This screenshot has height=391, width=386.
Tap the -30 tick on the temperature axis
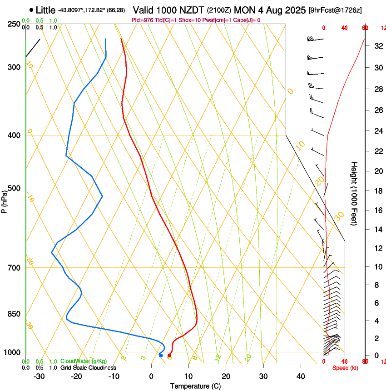(x=39, y=376)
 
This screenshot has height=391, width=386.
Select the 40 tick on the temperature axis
(x=301, y=376)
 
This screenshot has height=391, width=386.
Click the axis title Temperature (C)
(x=195, y=386)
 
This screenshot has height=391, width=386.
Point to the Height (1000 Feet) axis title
(x=354, y=193)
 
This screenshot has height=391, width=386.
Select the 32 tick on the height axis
(x=377, y=46)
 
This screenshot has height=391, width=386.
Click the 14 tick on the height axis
(x=377, y=230)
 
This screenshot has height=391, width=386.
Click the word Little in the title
(x=45, y=10)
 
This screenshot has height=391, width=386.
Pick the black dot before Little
(x=31, y=10)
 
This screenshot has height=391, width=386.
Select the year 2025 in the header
(x=291, y=10)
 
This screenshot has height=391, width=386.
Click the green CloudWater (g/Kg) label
(x=84, y=361)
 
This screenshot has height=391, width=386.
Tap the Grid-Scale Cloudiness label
(x=88, y=367)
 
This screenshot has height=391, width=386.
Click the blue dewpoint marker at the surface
(x=161, y=355)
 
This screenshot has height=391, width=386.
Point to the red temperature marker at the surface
(x=169, y=355)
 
